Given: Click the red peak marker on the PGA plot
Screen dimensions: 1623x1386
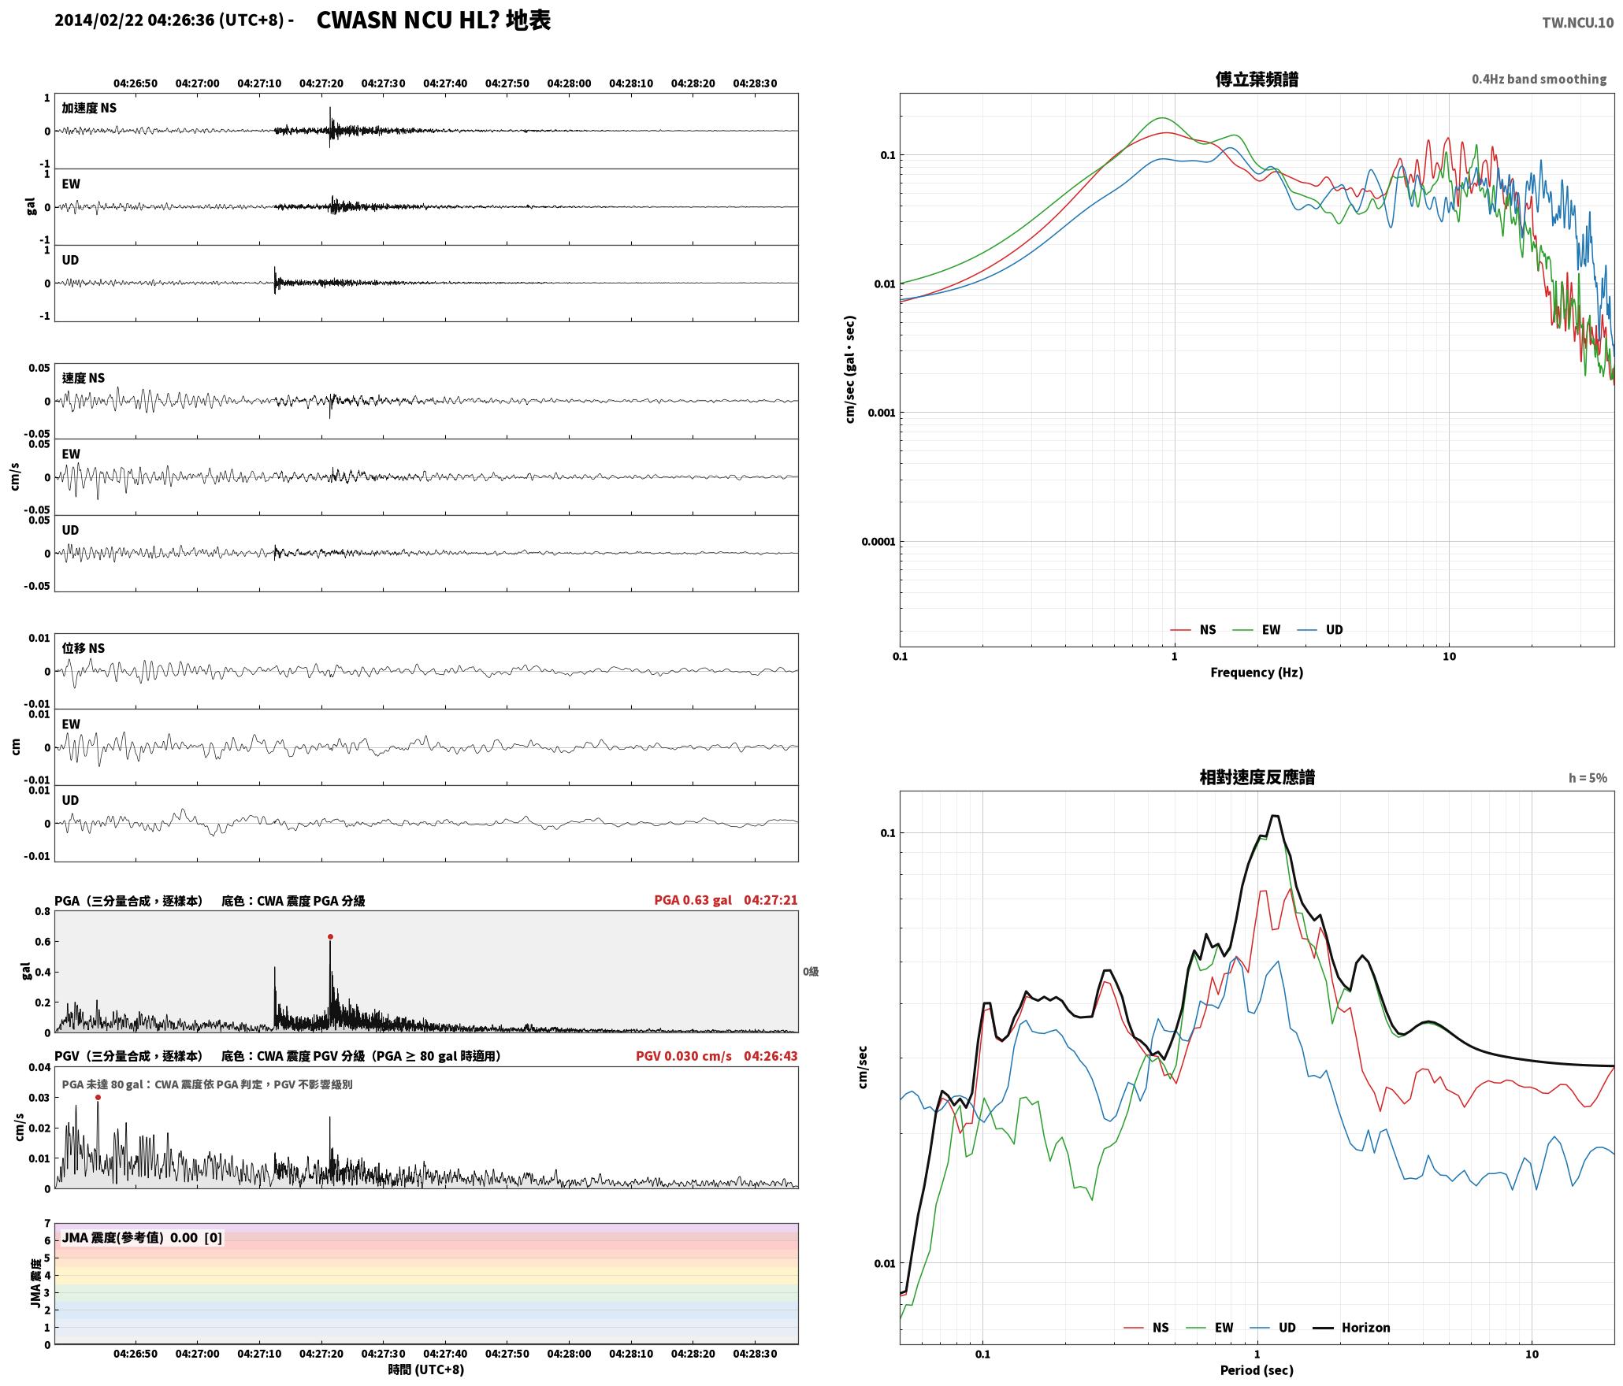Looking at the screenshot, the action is coord(330,936).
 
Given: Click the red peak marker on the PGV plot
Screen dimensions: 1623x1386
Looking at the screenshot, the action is coord(98,1097).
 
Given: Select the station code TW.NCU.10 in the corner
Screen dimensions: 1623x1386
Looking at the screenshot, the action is coord(1577,23).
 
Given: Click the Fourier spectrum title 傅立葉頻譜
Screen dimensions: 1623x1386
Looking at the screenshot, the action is coord(1257,79).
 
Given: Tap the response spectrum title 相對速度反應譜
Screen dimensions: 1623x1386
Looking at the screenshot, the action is coord(1257,777).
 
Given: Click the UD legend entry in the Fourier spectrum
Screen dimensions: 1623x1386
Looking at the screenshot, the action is coord(1320,629).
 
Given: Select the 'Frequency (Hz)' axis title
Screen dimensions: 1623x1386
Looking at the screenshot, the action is coord(1257,672).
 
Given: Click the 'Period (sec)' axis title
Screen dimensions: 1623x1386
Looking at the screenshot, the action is coord(1257,1370).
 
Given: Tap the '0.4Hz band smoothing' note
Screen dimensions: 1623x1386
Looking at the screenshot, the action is coord(1539,79).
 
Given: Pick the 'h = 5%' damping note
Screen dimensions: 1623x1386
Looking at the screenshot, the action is coord(1588,778).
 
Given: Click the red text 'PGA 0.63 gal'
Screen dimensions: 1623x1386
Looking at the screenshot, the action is coord(693,900).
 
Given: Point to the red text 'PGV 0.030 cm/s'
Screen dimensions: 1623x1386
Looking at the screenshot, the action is coord(684,1056).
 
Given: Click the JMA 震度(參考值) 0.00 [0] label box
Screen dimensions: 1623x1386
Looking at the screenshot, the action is coord(142,1238).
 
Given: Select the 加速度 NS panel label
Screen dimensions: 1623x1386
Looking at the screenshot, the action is coord(89,108).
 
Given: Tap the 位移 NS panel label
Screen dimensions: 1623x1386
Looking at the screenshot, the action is coord(84,648).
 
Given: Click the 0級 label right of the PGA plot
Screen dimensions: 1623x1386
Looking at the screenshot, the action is coord(811,972).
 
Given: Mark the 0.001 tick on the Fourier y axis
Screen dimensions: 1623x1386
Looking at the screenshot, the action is coord(881,413).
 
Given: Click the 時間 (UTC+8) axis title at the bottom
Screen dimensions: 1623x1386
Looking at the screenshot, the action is coord(426,1369).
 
